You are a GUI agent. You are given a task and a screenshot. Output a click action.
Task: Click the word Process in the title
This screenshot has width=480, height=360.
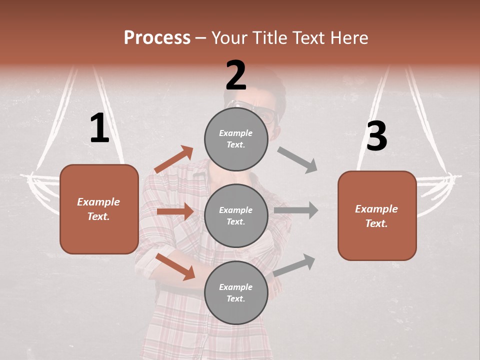pyautogui.click(x=157, y=38)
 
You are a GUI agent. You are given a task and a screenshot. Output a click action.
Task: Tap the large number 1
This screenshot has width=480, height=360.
pyautogui.click(x=99, y=128)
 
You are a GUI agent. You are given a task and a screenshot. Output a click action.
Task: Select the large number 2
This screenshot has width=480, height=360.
pyautogui.click(x=236, y=75)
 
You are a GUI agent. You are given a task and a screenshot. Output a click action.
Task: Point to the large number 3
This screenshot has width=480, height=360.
pyautogui.click(x=377, y=136)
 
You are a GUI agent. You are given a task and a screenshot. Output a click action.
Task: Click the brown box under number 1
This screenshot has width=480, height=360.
pyautogui.click(x=99, y=209)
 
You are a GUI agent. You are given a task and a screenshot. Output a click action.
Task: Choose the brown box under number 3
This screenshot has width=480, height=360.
pyautogui.click(x=377, y=216)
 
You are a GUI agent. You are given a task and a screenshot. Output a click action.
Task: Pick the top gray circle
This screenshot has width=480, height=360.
pyautogui.click(x=236, y=139)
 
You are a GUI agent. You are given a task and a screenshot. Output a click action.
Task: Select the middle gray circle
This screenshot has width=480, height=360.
pyautogui.click(x=236, y=216)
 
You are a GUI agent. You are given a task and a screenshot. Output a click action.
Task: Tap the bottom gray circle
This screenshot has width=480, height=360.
pyautogui.click(x=236, y=293)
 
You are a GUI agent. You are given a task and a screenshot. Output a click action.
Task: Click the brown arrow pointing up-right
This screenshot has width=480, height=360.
pyautogui.click(x=174, y=159)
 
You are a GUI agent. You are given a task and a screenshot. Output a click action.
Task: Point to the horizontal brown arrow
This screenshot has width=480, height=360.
pyautogui.click(x=175, y=211)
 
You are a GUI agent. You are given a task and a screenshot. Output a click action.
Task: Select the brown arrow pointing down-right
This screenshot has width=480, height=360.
pyautogui.click(x=175, y=266)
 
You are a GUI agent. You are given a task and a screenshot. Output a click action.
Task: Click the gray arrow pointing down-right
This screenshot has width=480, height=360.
pyautogui.click(x=297, y=160)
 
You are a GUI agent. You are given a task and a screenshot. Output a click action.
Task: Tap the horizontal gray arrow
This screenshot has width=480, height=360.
pyautogui.click(x=296, y=210)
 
